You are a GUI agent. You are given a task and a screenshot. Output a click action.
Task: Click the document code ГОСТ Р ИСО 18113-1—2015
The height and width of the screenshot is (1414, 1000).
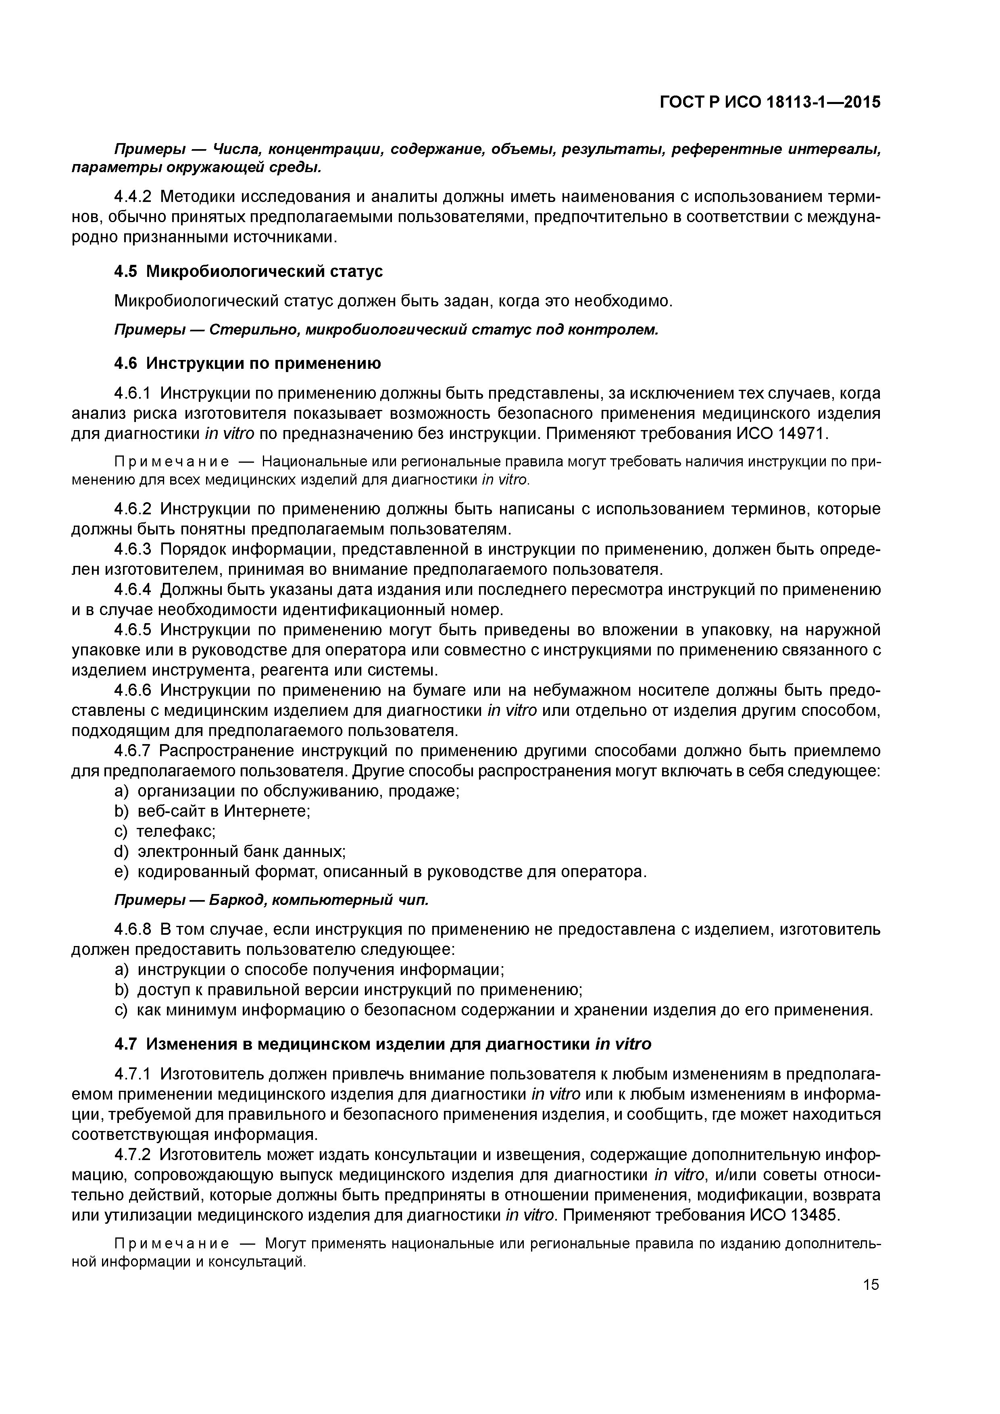click(770, 102)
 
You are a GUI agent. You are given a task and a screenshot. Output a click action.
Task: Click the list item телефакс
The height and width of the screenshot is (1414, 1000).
click(175, 832)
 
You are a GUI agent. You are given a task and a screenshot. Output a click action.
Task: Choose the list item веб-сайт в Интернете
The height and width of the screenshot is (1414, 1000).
click(223, 811)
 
